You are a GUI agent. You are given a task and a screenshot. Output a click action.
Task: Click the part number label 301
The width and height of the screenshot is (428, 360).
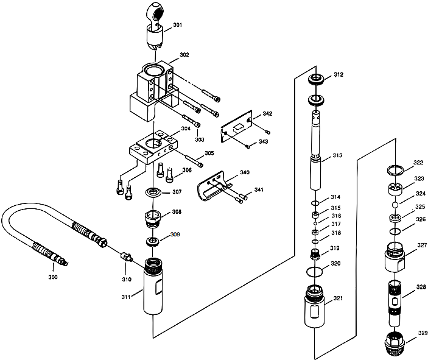pos(177,25)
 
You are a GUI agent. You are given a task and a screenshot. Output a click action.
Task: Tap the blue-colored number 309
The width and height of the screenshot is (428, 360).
pos(175,235)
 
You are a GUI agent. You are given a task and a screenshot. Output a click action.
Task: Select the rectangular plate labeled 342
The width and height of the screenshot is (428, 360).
pos(241,129)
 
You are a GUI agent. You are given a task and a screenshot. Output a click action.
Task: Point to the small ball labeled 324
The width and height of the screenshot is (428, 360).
pos(395,205)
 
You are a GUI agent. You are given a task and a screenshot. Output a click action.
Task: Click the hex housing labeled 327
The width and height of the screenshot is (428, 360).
pos(395,259)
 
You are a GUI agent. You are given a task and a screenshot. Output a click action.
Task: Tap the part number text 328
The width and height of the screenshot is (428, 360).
pos(421,287)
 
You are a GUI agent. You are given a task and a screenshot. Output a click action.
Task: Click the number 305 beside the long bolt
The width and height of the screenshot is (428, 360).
pos(209,154)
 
